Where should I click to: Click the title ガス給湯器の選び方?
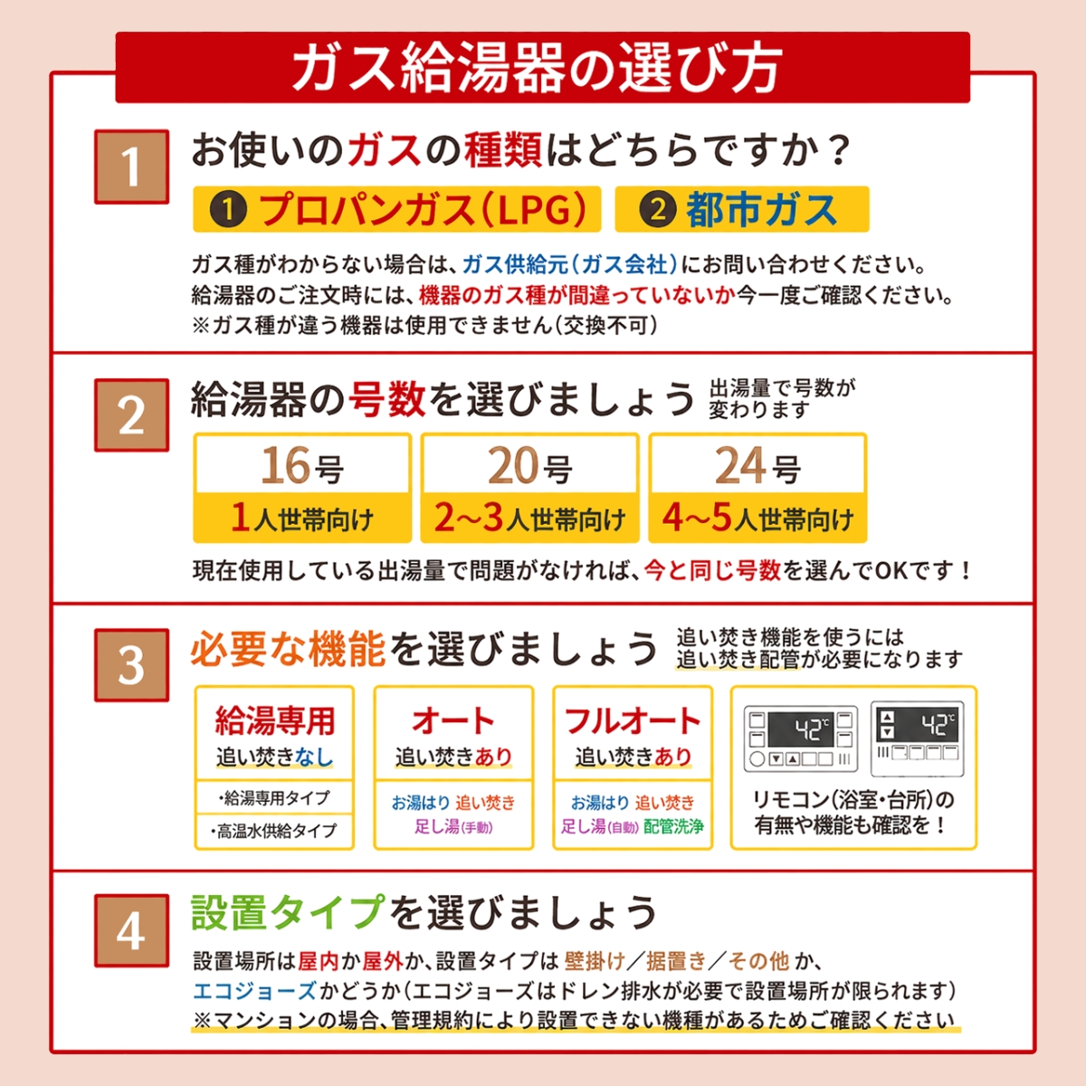537,69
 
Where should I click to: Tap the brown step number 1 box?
131,167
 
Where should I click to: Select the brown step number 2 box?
131,415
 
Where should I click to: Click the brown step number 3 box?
131,665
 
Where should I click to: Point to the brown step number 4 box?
131,930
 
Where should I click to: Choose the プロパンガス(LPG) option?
396,209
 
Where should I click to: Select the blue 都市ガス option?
742,209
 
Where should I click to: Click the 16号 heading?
302,465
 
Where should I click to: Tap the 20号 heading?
529,465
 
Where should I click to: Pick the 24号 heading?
757,465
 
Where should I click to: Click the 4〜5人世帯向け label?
757,518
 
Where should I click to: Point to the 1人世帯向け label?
302,518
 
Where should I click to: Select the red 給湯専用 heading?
274,720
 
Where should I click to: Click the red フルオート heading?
633,720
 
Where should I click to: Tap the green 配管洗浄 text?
673,826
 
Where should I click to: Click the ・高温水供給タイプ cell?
274,831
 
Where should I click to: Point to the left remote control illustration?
801,738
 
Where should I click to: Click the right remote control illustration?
918,738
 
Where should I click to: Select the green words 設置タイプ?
288,913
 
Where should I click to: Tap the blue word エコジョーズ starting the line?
254,991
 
